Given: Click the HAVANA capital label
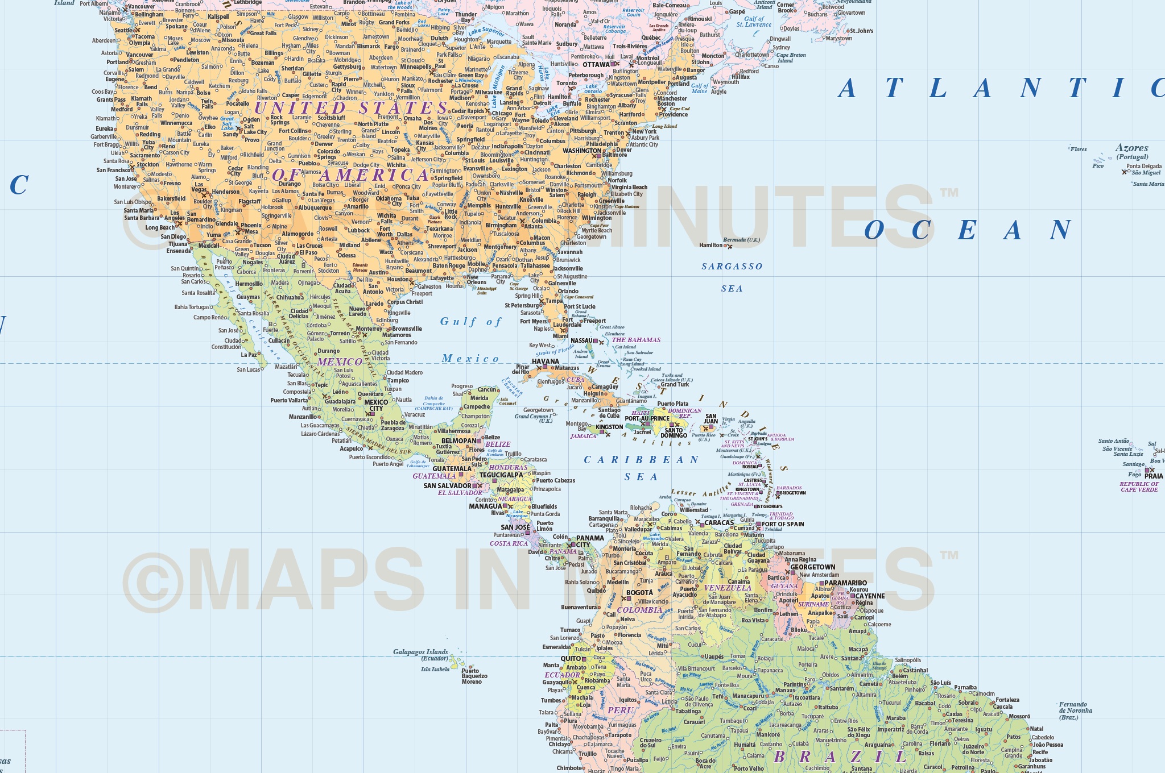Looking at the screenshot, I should [x=545, y=361].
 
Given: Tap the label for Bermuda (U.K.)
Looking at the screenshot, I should [x=745, y=240].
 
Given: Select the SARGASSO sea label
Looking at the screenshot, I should [x=732, y=267].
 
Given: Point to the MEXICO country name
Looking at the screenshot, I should [x=340, y=362].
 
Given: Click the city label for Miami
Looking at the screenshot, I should [x=560, y=336].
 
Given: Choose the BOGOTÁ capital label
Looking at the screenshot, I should [x=639, y=593].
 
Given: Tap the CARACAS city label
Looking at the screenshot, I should [x=719, y=523].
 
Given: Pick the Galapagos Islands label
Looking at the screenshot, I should [x=420, y=652].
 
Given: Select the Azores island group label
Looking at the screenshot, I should [x=1131, y=148].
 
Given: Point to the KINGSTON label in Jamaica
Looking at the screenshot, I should [x=609, y=427].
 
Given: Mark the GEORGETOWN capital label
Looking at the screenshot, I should [x=812, y=567].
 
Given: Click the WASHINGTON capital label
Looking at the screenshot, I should [x=581, y=151].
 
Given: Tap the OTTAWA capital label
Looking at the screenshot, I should [x=596, y=65].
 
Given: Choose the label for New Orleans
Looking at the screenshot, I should [x=477, y=280].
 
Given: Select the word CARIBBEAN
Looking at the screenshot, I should [x=641, y=460].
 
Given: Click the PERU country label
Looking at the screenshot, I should [x=620, y=710].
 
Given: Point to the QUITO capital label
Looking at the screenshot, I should [x=571, y=659].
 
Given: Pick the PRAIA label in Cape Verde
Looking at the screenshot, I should [x=1154, y=476].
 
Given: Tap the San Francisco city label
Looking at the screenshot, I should [x=114, y=170].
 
